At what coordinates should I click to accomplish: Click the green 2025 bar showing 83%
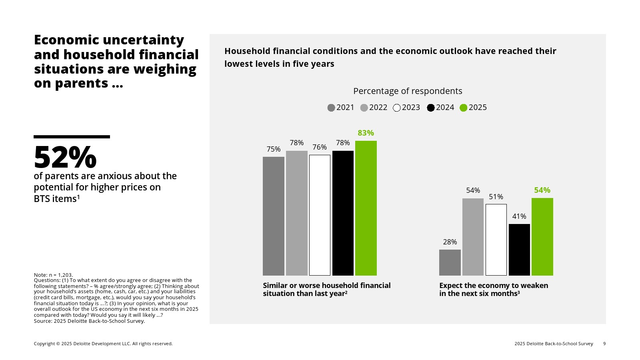pyautogui.click(x=366, y=208)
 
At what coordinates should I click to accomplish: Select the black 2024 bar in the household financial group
pyautogui.click(x=343, y=213)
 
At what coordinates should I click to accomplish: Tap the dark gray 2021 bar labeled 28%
pyautogui.click(x=450, y=262)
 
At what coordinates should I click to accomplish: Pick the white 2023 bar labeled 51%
pyautogui.click(x=496, y=240)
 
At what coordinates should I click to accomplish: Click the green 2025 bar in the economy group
pyautogui.click(x=542, y=236)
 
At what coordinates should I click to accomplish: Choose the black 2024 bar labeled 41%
pyautogui.click(x=519, y=250)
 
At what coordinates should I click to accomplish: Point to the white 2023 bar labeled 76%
pyautogui.click(x=320, y=215)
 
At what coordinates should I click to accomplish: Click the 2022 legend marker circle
pyautogui.click(x=364, y=108)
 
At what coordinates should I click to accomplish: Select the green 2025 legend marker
pyautogui.click(x=464, y=108)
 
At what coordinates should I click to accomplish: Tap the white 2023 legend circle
pyautogui.click(x=397, y=108)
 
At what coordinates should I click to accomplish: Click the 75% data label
pyautogui.click(x=274, y=149)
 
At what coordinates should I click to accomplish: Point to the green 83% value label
pyautogui.click(x=366, y=133)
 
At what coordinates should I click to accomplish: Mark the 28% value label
pyautogui.click(x=450, y=242)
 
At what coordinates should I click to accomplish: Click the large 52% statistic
pyautogui.click(x=65, y=157)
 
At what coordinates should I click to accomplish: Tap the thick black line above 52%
pyautogui.click(x=72, y=137)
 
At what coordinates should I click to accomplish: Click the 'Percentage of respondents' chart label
pyautogui.click(x=408, y=91)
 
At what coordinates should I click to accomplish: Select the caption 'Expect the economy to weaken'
pyautogui.click(x=494, y=286)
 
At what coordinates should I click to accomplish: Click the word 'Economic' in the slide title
pyautogui.click(x=66, y=40)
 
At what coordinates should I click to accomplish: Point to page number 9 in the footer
pyautogui.click(x=604, y=344)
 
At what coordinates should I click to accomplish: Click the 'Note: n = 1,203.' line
pyautogui.click(x=53, y=275)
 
